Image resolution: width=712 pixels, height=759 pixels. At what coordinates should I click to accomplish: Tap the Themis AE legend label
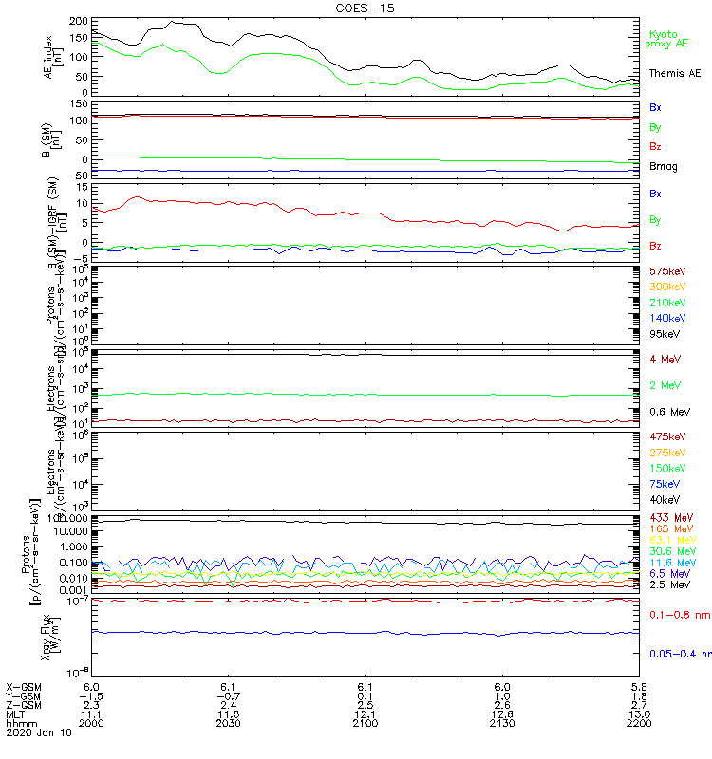674,73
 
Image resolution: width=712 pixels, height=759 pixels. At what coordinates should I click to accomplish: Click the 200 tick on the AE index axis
80,21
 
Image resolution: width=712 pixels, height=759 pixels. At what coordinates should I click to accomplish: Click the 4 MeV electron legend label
663,359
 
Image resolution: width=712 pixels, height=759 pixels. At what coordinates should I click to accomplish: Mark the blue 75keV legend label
664,483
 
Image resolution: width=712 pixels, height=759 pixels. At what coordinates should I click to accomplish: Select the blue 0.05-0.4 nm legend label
679,654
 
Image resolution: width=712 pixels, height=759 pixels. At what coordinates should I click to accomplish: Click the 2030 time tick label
228,723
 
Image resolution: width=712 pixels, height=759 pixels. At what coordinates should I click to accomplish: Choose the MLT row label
16,713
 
